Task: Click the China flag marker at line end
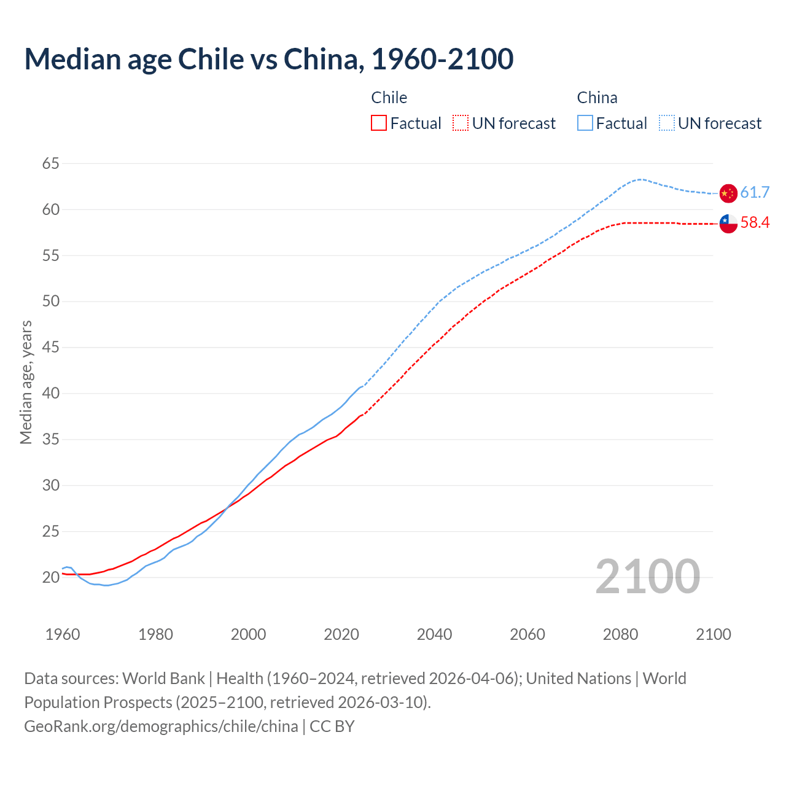[x=728, y=193]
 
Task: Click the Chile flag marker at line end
[x=728, y=224]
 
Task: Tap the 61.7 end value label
[x=755, y=193]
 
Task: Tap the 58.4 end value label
[x=755, y=223]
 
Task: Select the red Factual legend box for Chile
[x=379, y=123]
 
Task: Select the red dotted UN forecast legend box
[x=461, y=123]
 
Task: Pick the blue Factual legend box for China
[x=585, y=123]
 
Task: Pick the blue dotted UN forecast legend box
[x=667, y=123]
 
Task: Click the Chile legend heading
[x=389, y=98]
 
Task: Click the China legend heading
[x=597, y=98]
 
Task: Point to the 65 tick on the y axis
[x=51, y=163]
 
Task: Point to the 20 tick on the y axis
[x=51, y=577]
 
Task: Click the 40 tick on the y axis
[x=51, y=393]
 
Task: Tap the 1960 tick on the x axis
[x=63, y=634]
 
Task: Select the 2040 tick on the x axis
[x=434, y=634]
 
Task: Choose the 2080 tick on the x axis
[x=620, y=634]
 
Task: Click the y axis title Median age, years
[x=26, y=382]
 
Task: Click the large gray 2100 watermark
[x=648, y=577]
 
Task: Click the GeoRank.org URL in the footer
[x=161, y=726]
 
